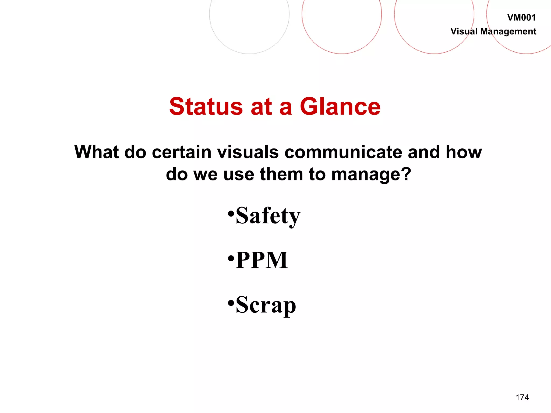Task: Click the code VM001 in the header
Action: [521, 18]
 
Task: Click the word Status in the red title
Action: [206, 107]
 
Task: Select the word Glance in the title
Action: [340, 107]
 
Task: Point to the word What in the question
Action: [96, 152]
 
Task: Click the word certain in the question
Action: [182, 152]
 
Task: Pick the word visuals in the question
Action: [248, 152]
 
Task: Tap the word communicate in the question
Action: [343, 152]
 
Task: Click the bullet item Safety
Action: [268, 216]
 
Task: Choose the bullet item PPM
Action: [262, 260]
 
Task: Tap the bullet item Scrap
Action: [266, 305]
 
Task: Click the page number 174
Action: [522, 397]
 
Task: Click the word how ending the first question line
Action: [464, 152]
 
